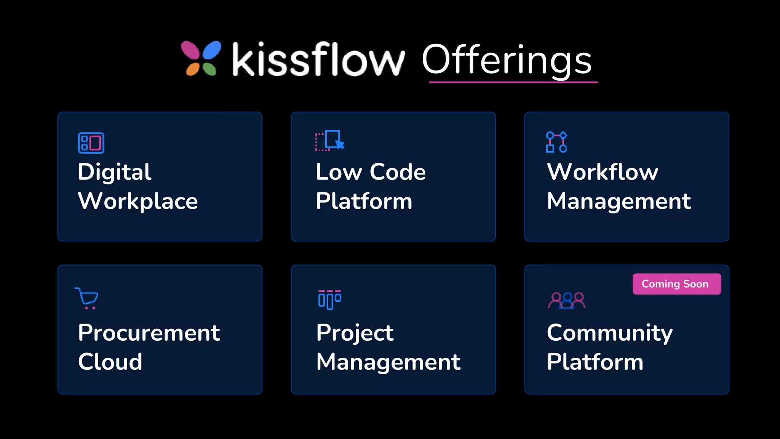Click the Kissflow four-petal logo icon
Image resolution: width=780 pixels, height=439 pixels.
pos(201,59)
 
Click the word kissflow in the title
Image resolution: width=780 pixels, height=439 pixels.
pos(318,59)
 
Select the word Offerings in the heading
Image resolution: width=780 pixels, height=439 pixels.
pos(507,60)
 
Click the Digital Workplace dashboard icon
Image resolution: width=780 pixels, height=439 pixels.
pos(91,143)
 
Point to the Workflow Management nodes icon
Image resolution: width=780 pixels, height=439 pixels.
pos(556,142)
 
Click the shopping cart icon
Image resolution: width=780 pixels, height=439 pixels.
pos(87,298)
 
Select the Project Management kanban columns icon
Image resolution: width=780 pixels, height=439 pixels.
pos(329,300)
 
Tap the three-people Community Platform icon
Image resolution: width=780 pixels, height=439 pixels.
pos(567,300)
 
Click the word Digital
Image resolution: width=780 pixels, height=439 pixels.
pos(114,172)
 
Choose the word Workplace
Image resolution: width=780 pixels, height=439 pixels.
pos(138,201)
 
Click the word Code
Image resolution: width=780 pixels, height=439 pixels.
pos(398,172)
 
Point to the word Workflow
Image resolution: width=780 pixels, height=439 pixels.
pos(603,172)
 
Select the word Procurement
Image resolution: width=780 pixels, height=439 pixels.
pos(149,333)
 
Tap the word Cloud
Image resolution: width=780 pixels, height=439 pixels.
pos(110,362)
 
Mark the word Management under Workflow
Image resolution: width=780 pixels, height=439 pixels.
pos(619,201)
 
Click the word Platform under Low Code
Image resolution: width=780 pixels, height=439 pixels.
pos(364,201)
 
